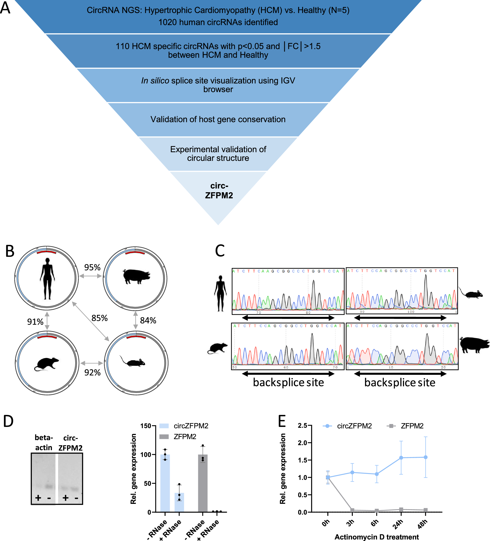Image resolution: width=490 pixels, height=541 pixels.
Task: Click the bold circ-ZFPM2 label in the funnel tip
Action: point(219,190)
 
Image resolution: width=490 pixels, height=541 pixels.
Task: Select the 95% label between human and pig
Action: point(92,267)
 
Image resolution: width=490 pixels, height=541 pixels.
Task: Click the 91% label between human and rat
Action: point(35,322)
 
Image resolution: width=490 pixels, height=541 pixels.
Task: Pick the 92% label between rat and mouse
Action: point(92,372)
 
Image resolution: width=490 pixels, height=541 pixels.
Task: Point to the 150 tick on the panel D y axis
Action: point(146,426)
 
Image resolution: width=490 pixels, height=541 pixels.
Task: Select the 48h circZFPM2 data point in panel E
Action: point(426,457)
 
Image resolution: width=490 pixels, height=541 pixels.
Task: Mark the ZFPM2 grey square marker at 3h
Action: point(352,510)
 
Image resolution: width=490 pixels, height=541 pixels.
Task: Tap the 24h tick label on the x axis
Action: point(398,524)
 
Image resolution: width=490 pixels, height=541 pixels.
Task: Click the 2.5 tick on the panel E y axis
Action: point(302,426)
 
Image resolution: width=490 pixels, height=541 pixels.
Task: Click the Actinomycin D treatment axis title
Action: point(376,537)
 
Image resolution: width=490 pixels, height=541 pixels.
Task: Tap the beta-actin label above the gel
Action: point(44,443)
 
